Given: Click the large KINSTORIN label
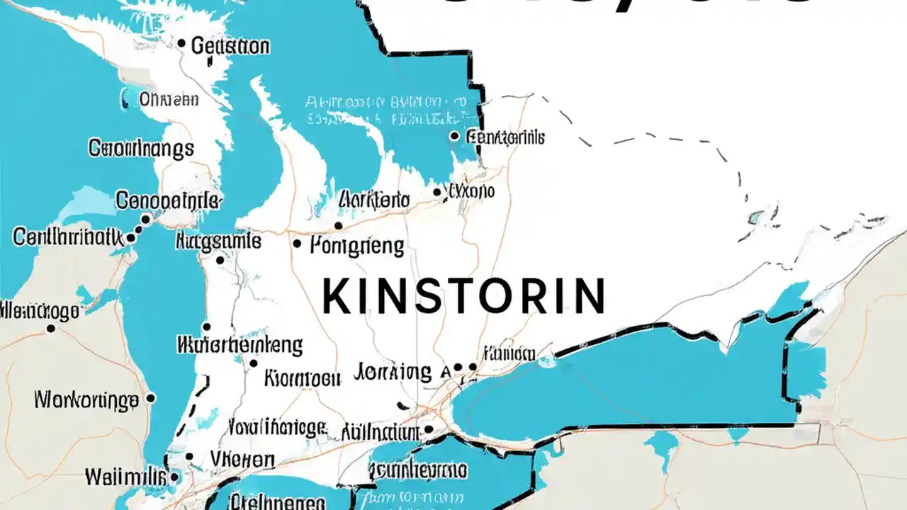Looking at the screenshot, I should (x=464, y=296).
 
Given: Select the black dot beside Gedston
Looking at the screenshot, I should (x=181, y=44).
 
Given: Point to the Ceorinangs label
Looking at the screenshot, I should (x=141, y=149).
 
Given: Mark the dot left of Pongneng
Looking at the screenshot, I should (x=297, y=244).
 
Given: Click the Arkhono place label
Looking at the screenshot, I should (x=374, y=200).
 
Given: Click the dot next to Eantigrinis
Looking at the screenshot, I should (x=454, y=136).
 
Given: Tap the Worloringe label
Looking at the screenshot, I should (x=86, y=401).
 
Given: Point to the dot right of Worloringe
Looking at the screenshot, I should (x=150, y=399).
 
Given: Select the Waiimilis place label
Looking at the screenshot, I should (x=124, y=476).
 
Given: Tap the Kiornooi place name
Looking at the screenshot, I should (x=302, y=378).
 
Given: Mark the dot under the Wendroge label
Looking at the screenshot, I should (x=50, y=329).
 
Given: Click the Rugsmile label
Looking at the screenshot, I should (x=218, y=242).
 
